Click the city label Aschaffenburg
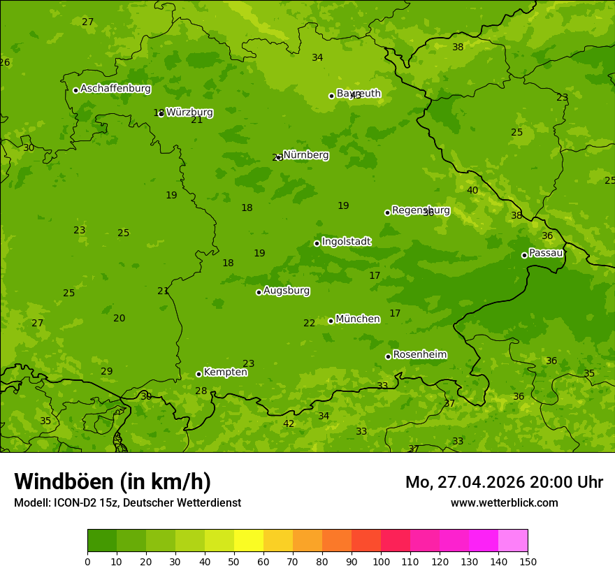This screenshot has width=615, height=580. point(115,89)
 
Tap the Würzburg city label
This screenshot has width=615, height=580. point(189,113)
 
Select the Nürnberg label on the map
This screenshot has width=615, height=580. point(306,155)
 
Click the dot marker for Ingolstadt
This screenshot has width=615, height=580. point(317,243)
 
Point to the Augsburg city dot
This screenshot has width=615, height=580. point(259,292)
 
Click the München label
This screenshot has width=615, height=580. point(358,319)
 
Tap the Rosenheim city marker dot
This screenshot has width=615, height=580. point(388,356)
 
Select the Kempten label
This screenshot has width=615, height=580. point(225,372)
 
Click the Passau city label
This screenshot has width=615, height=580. point(546,253)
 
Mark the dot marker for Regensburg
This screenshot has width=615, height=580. point(387,212)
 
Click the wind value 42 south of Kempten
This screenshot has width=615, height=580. point(289,424)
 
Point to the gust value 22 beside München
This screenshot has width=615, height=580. point(309,324)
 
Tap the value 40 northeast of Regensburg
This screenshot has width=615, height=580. point(472,191)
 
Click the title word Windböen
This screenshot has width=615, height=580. point(64,481)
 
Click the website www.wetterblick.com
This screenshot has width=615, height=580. point(504,503)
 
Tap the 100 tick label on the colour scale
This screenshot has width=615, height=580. point(381,561)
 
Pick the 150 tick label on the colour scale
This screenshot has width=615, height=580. point(528,561)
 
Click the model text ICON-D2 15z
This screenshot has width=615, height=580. point(84,503)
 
